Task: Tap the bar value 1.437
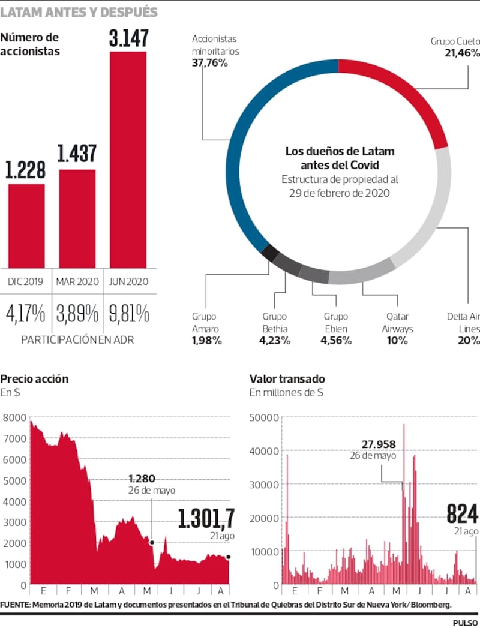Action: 77,154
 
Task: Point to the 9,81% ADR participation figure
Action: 128,314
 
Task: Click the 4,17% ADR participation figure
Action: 26,314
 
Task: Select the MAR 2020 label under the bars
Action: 77,281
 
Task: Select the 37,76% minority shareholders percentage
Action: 209,62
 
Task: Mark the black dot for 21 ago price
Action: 228,557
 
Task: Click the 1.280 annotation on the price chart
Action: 142,479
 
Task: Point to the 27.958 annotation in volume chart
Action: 379,444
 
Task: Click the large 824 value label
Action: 462,515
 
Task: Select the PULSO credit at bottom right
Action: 465,622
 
